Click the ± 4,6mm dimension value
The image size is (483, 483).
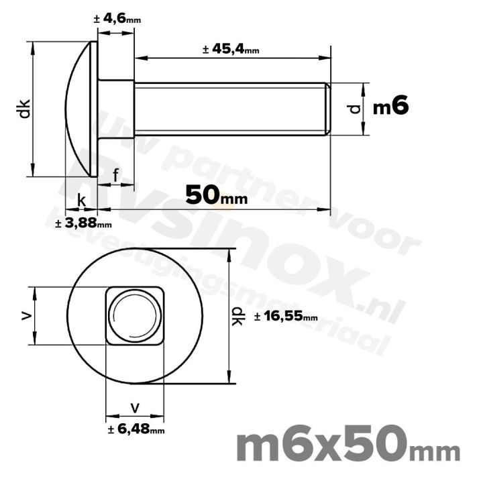117,19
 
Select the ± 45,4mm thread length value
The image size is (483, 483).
230,49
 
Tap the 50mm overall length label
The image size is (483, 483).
216,195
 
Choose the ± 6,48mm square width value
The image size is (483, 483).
136,429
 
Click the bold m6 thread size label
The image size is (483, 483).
390,107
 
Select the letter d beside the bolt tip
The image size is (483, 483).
356,108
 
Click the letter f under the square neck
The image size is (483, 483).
116,176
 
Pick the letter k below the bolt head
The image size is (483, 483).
81,201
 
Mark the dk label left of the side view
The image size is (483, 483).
23,109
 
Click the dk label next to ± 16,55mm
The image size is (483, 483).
237,316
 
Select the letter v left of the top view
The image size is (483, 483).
26,315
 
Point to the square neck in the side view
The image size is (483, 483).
116,109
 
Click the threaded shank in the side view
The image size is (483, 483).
228,109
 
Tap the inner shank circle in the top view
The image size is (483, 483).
135,316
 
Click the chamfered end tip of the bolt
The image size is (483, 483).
328,109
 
